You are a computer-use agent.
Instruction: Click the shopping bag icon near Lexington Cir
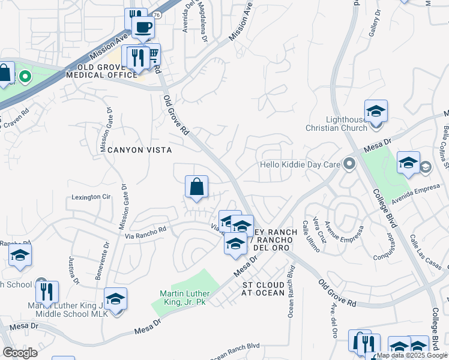[196, 187]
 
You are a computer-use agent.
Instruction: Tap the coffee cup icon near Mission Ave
[142, 26]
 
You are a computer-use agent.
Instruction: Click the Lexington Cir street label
[92, 197]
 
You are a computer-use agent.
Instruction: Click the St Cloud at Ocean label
[262, 288]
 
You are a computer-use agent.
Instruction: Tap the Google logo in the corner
[20, 353]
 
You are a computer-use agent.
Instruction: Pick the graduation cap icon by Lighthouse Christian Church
[376, 112]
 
